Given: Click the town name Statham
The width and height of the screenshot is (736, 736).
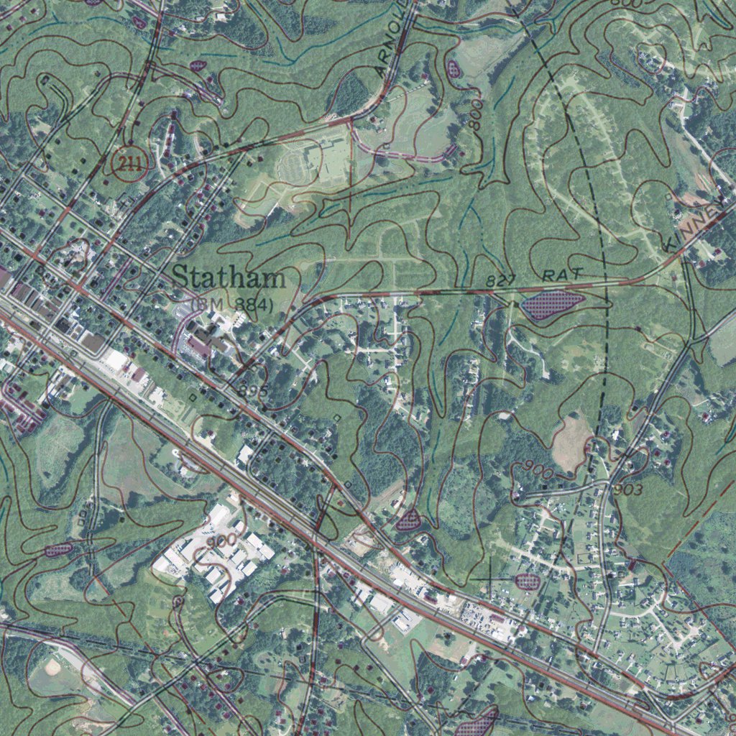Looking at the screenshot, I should pyautogui.click(x=229, y=277).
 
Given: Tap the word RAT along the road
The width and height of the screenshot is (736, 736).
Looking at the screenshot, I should pyautogui.click(x=561, y=275).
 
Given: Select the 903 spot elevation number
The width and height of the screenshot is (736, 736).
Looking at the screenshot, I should pyautogui.click(x=627, y=489).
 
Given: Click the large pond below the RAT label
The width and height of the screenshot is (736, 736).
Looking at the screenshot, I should pyautogui.click(x=552, y=305).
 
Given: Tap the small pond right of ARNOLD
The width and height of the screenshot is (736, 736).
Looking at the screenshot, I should pyautogui.click(x=454, y=69).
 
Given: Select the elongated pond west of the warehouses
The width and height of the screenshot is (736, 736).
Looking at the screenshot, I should pyautogui.click(x=58, y=550).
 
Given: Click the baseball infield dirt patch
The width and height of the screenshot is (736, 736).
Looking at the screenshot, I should pyautogui.click(x=52, y=666).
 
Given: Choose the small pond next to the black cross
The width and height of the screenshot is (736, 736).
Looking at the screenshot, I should pyautogui.click(x=528, y=581).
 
